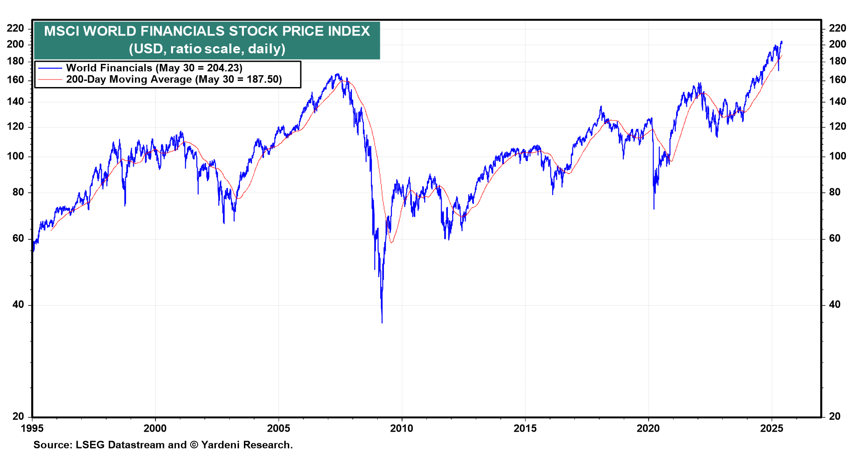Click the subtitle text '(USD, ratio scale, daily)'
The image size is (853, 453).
(x=207, y=48)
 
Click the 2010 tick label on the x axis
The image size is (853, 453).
(x=402, y=429)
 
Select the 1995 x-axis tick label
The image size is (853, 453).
(x=32, y=429)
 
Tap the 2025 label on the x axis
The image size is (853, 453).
(x=772, y=429)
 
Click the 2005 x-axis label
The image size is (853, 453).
(x=279, y=429)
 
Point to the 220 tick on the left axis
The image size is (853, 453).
(x=16, y=28)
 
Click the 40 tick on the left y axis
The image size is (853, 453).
(x=18, y=305)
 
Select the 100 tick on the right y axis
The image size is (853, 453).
(x=837, y=156)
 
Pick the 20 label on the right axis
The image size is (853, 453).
(x=835, y=416)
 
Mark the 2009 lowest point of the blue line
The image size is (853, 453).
(x=382, y=322)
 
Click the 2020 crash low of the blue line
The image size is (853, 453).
(x=654, y=208)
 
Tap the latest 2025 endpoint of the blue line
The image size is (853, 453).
(x=781, y=42)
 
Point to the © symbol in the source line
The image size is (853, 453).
(x=194, y=445)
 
